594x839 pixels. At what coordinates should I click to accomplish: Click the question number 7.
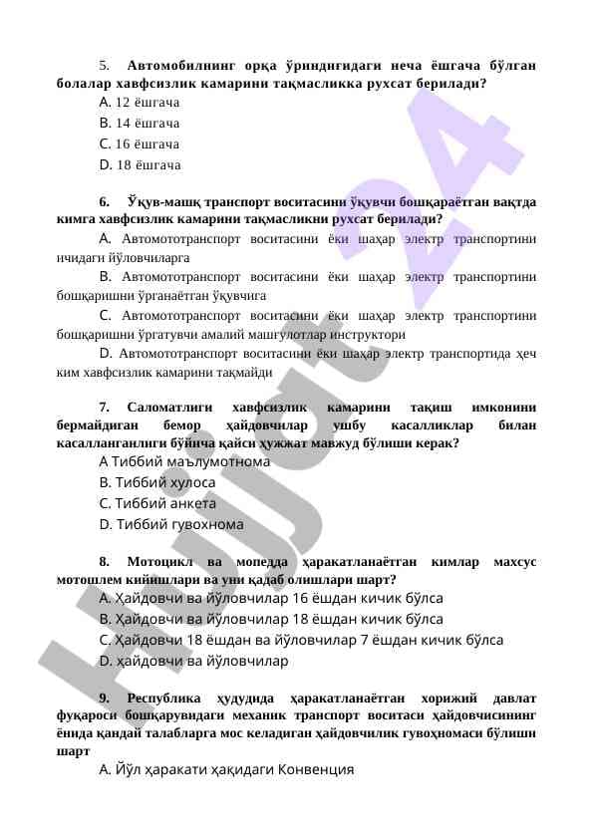[104, 407]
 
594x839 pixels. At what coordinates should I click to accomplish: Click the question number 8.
[104, 561]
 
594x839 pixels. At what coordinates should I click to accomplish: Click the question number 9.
[104, 697]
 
